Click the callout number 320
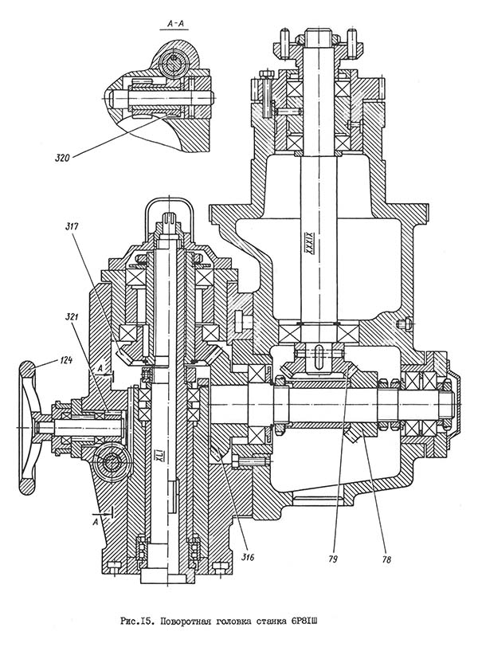click(61, 158)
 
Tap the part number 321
click(73, 318)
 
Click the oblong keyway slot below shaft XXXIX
click(317, 353)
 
